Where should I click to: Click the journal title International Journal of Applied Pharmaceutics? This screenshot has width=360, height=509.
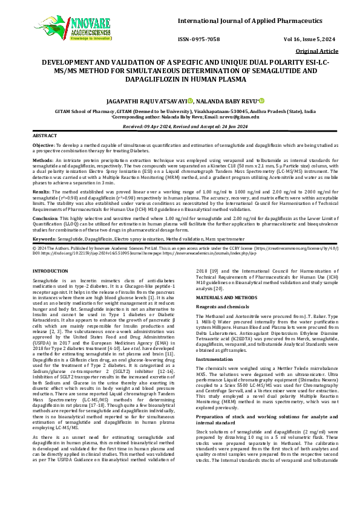253,22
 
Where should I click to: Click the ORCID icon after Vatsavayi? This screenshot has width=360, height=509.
189,102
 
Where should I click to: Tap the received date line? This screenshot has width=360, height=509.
180,126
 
